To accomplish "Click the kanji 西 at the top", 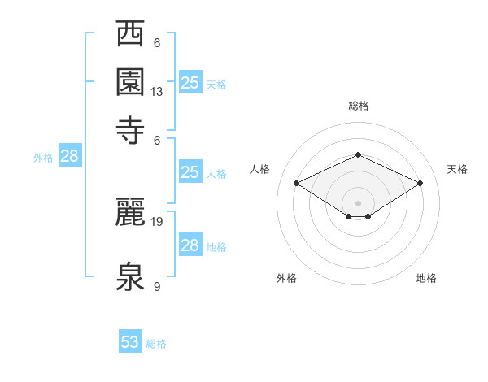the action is (130, 33).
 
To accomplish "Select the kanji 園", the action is (130, 82).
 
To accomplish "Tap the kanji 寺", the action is (130, 130).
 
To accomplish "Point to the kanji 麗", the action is (130, 212).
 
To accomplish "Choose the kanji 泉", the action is (130, 276).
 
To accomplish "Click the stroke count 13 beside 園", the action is (156, 92).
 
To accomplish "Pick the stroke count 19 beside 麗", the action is (156, 222).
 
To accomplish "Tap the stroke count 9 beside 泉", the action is (157, 286).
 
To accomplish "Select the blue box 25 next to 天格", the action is (190, 82).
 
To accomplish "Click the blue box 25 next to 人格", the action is (190, 171).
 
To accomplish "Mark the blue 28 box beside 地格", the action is (190, 244).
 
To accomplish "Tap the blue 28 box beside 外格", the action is (70, 155).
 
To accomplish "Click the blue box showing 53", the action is (130, 341).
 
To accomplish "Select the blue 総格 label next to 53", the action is (156, 344).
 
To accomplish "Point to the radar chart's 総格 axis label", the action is (359, 106).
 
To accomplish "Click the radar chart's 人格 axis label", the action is (259, 169).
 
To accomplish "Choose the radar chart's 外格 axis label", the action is (286, 278).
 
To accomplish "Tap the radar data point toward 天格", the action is (420, 183).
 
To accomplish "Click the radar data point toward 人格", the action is (297, 183).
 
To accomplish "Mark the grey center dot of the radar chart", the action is (358, 203).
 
